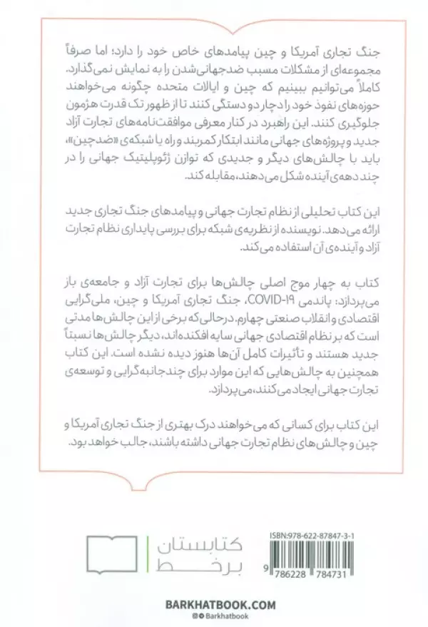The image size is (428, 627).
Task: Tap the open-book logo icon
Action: point(116,553)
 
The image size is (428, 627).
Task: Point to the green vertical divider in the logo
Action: point(152,554)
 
